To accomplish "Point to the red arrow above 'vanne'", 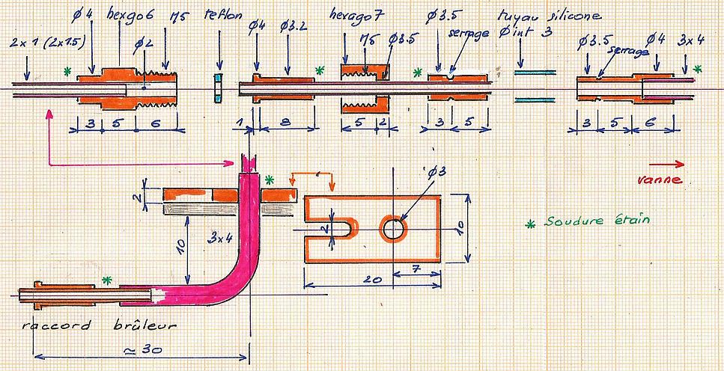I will pos(666,165).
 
